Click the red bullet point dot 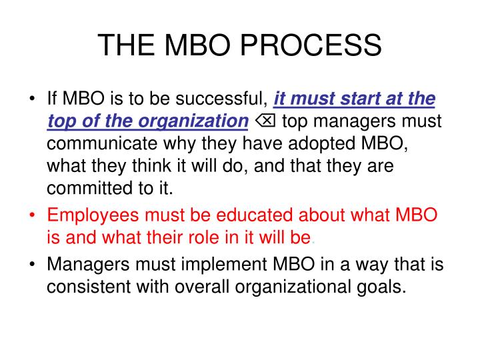33,216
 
